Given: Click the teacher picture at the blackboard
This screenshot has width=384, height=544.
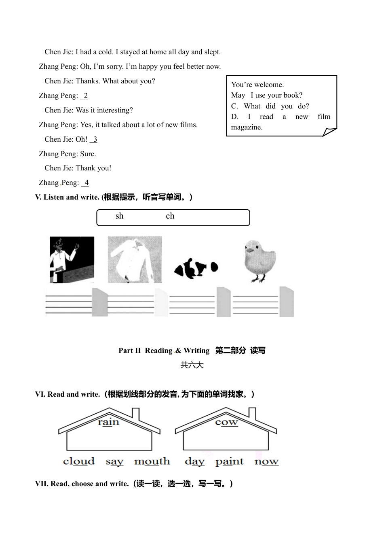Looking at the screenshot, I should tap(72, 259).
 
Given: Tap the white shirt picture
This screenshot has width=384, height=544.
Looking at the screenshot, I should tap(135, 259).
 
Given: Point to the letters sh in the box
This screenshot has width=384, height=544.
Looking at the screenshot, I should tap(119, 216).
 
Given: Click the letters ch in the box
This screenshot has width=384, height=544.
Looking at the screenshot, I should tap(170, 216).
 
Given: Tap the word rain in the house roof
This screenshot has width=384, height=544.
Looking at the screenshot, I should tap(108, 422).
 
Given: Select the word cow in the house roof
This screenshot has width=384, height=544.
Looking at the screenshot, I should tap(226, 422).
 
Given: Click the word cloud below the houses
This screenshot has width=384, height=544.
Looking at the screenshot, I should tap(79, 461).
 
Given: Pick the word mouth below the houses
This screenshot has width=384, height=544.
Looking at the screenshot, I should tap(152, 461).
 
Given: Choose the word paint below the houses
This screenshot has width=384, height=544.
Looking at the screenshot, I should tap(229, 462).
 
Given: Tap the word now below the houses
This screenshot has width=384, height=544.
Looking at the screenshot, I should tap(266, 461).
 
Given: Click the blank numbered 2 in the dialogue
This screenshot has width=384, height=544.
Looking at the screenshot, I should tap(84, 96).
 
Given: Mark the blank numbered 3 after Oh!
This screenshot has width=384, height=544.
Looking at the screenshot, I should tap(94, 140).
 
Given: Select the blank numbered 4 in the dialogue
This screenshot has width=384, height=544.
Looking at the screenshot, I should tap(85, 183).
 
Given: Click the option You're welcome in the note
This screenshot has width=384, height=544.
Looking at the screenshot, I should tap(257, 85).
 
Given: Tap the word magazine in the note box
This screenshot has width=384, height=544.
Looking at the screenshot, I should tap(247, 127).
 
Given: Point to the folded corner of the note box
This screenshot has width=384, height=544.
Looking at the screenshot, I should tap(329, 132).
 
